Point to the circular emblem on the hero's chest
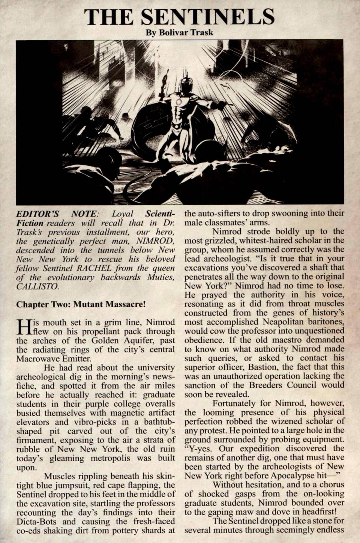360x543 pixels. (x=178, y=101)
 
